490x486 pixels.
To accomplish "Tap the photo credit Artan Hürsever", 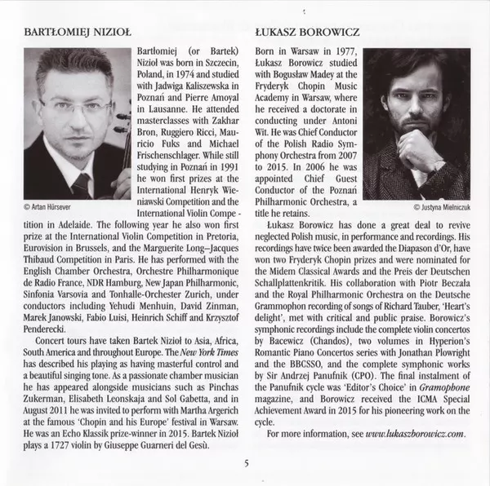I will tap(47, 208).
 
